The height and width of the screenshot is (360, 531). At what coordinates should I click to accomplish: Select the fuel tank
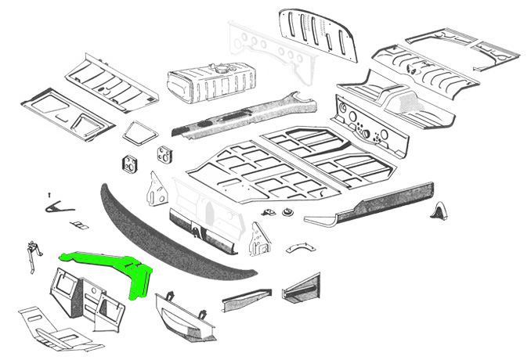[x=212, y=84]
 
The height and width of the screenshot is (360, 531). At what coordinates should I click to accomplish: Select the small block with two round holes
[x=129, y=167]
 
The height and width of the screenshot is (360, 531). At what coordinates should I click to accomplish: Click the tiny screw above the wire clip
[x=49, y=193]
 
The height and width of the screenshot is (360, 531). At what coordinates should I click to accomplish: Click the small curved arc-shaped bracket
[x=297, y=248]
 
